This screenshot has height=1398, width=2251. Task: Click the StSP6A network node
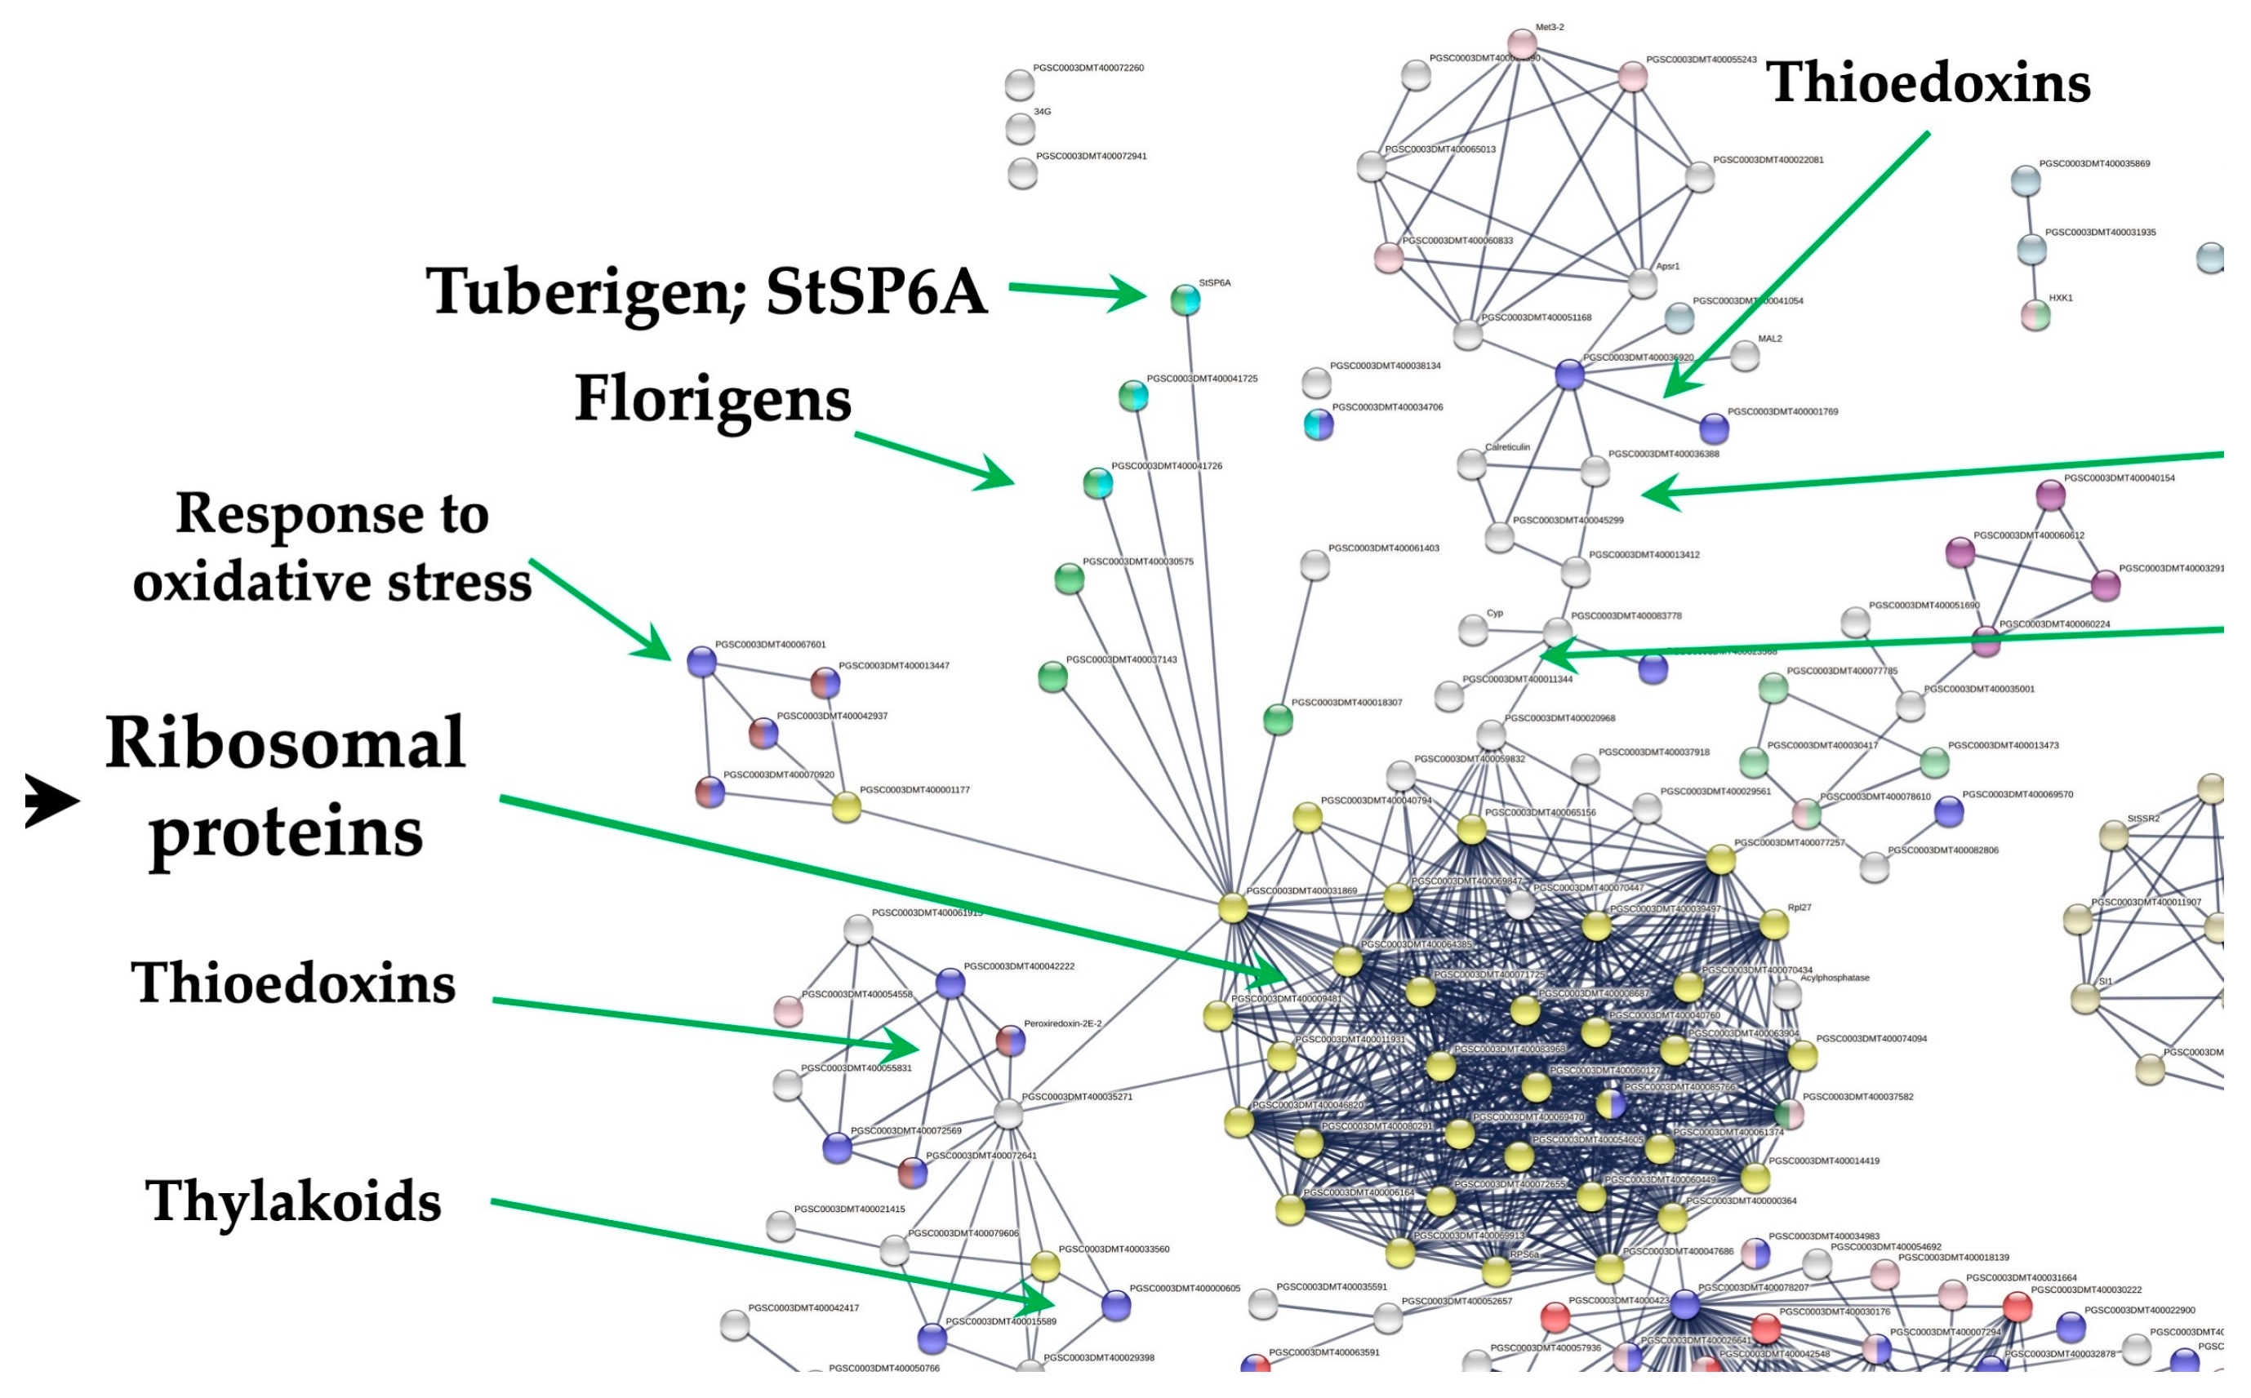pos(1185,300)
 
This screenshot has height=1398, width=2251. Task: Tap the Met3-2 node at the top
pos(1521,43)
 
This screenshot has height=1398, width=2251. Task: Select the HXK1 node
pos(2035,315)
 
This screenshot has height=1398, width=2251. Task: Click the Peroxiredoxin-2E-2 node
pos(1010,1041)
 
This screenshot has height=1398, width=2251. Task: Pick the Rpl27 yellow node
pos(1773,925)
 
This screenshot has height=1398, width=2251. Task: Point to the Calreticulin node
pos(1471,465)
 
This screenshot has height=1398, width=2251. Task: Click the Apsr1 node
pos(1642,284)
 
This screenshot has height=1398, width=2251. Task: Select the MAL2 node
pos(1744,356)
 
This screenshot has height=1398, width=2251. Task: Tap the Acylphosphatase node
pos(1786,995)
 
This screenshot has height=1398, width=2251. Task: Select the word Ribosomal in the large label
pos(285,743)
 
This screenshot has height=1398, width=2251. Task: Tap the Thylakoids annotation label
pos(293,1201)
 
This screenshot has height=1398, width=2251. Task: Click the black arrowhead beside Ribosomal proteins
pos(51,800)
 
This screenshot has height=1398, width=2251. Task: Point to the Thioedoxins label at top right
pos(1928,82)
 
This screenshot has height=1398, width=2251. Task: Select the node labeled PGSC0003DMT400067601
pos(702,662)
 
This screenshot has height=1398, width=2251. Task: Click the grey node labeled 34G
pos(1019,128)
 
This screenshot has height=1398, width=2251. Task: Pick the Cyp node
pos(1472,631)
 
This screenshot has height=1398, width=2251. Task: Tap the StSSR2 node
pos(2113,836)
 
